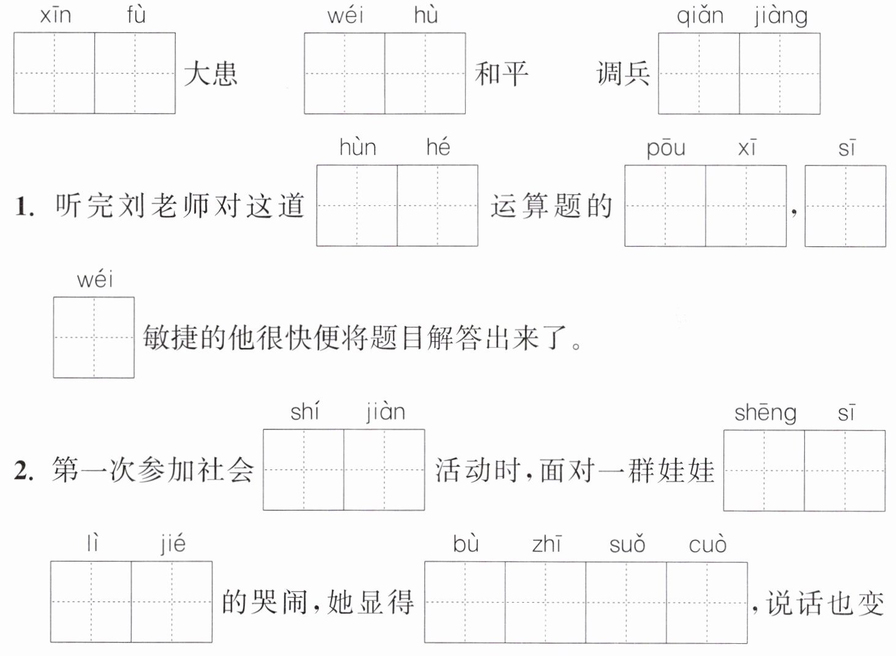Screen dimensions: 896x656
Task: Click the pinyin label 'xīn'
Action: tap(56, 15)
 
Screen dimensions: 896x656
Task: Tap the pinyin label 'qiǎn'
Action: tap(700, 17)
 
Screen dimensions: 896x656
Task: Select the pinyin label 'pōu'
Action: tap(666, 149)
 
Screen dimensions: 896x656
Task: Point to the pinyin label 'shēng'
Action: tap(765, 413)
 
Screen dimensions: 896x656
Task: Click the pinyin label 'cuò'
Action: tap(707, 545)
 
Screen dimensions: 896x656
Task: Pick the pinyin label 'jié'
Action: tap(173, 544)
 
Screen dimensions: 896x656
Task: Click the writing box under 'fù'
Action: tap(135, 74)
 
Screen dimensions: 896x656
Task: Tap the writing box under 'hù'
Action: tap(425, 74)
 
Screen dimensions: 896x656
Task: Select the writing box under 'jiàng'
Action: tap(780, 74)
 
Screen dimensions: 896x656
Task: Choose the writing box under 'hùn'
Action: tap(357, 206)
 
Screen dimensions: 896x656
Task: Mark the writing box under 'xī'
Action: tap(746, 206)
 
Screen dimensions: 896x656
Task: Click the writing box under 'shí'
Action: tap(304, 470)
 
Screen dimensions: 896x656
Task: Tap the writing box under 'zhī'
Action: tap(545, 602)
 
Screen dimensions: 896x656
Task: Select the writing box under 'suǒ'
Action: tap(626, 602)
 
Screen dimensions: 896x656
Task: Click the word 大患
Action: tap(211, 74)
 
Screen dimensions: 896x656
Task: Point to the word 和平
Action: tap(502, 74)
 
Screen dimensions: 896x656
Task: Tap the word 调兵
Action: tap(623, 74)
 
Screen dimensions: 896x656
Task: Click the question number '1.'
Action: tap(24, 207)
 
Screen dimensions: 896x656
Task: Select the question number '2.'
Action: tap(24, 470)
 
